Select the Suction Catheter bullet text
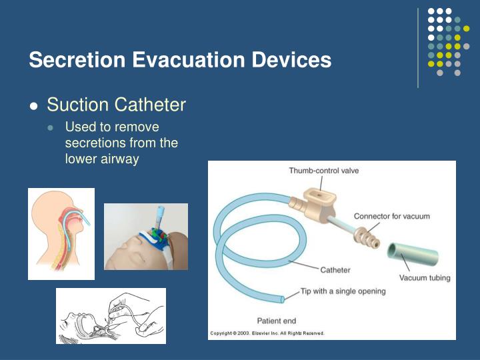tap(116, 105)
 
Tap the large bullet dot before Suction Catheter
tap(34, 106)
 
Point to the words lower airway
tap(101, 159)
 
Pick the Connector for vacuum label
tap(391, 216)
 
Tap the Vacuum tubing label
tap(425, 277)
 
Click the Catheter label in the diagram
tap(335, 270)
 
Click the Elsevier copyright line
tap(267, 333)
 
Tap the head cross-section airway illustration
tap(61, 233)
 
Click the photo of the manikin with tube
tap(145, 237)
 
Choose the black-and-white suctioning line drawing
tap(111, 315)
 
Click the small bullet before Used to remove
tap(53, 127)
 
